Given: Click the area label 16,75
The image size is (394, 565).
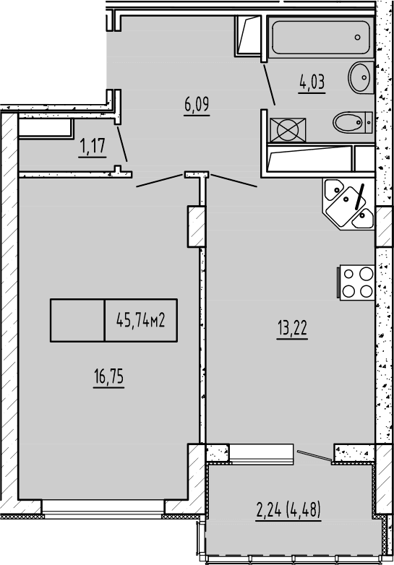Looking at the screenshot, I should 108,377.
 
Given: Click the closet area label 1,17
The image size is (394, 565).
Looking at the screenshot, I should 93,147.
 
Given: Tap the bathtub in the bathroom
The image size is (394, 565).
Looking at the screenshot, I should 320,36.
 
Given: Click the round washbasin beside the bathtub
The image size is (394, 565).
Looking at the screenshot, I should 359,77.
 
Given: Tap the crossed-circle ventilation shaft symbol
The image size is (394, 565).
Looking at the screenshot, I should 287,131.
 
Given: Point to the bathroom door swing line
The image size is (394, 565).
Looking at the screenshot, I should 267,85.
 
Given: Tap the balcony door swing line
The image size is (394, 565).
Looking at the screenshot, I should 314,454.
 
